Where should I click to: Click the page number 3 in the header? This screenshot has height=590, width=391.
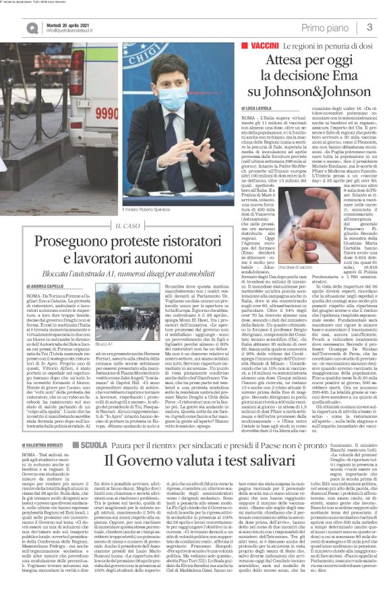tap(370, 26)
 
